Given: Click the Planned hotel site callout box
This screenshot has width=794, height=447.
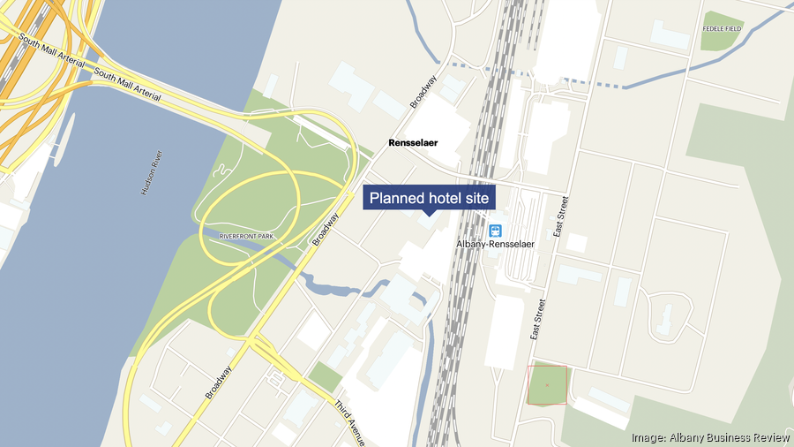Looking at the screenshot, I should pyautogui.click(x=428, y=198).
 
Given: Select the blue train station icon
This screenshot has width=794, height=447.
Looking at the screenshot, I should pyautogui.click(x=495, y=231).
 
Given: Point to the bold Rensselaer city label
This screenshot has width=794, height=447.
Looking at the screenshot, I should pyautogui.click(x=414, y=142).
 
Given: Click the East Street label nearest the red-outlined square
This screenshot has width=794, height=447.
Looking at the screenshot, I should pyautogui.click(x=537, y=319).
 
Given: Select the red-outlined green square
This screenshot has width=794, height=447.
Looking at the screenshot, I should pyautogui.click(x=547, y=385).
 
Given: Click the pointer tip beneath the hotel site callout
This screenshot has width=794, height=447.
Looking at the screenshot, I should pyautogui.click(x=429, y=215).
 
